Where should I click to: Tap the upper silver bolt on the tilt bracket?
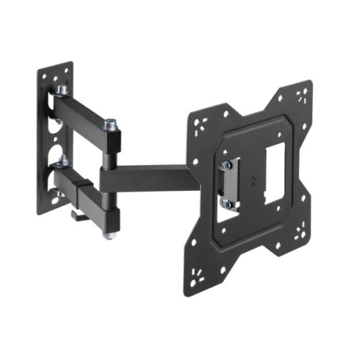coord(226,165)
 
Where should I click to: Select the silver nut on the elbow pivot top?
coord(111,124)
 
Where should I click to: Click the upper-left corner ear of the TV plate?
coord(203,119)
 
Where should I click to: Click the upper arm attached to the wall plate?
coord(83,114)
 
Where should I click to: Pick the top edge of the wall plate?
coord(56,67)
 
